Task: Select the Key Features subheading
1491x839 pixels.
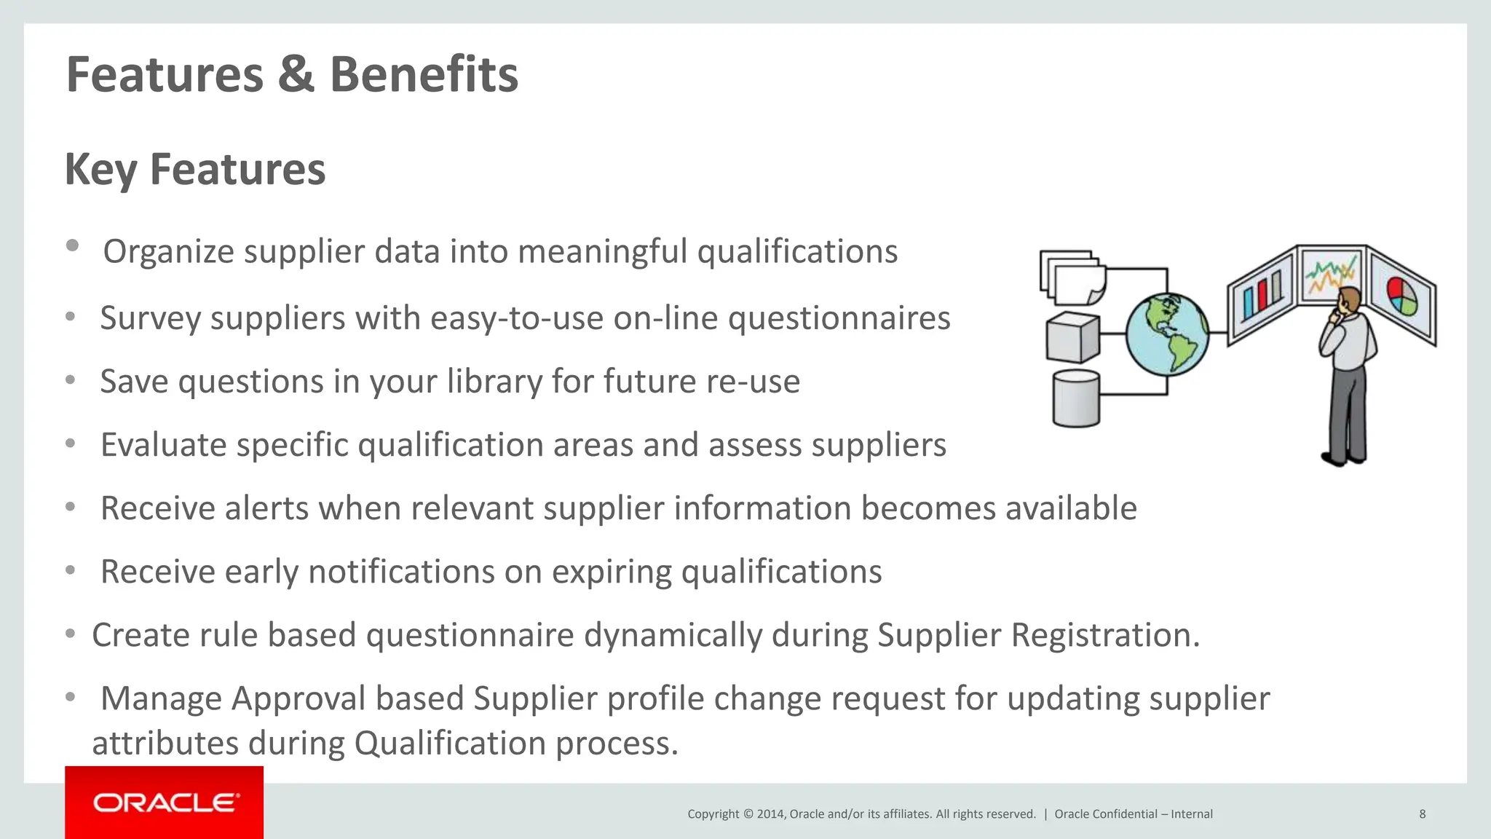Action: (195, 169)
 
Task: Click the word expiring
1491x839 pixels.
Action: (612, 572)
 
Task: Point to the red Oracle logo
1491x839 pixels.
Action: (165, 803)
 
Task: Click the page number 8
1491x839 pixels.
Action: (1422, 814)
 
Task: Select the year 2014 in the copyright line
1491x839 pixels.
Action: (770, 814)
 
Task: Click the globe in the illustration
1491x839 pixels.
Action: (1167, 334)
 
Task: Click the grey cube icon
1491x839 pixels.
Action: (1072, 337)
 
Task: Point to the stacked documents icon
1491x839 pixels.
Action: (1072, 277)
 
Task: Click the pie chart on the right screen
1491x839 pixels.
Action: (1401, 296)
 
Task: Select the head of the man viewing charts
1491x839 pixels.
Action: (1348, 299)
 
